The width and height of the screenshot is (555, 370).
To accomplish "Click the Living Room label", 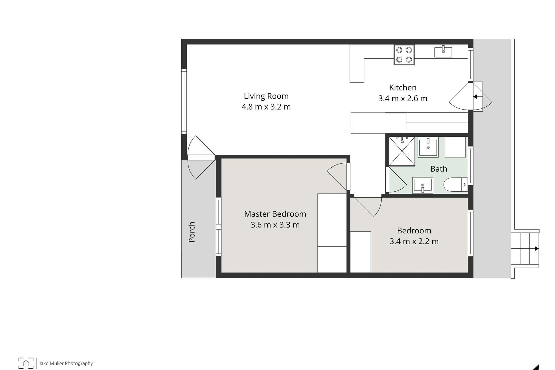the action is click(x=266, y=96).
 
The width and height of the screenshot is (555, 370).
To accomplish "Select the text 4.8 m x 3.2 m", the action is click(x=266, y=107).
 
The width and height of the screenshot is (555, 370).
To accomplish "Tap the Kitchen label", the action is click(x=403, y=88).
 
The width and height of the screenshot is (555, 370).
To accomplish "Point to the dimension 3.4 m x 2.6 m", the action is click(x=403, y=98).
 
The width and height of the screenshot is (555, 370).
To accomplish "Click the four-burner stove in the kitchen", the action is click(x=404, y=55).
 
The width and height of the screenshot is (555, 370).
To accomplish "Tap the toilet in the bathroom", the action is click(x=456, y=185).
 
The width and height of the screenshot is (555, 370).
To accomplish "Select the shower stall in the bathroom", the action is click(x=402, y=151).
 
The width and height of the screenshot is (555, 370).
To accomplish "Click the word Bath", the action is click(x=439, y=169).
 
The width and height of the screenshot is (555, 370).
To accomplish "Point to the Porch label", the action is click(x=192, y=232).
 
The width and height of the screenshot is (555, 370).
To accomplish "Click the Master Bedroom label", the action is click(x=275, y=214).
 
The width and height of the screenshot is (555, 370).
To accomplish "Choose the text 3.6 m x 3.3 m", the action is click(x=275, y=225).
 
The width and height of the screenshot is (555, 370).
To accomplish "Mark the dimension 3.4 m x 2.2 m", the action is click(x=414, y=241).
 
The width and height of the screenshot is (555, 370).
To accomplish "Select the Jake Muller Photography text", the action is click(x=66, y=363).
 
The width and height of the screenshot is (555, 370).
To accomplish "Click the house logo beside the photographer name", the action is click(x=26, y=363).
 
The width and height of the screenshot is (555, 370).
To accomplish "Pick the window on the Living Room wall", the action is click(x=184, y=101).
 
